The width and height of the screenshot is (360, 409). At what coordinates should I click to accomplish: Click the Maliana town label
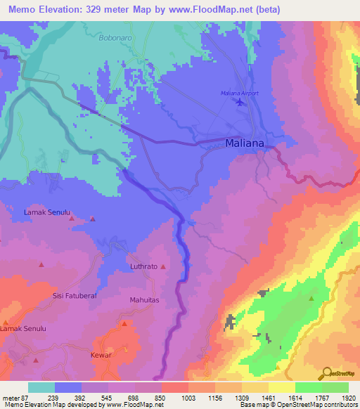pyautogui.click(x=245, y=143)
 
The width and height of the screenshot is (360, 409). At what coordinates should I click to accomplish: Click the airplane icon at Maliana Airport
pyautogui.click(x=242, y=103)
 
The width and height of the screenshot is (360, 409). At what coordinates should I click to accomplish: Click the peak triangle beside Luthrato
pyautogui.click(x=164, y=267)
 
